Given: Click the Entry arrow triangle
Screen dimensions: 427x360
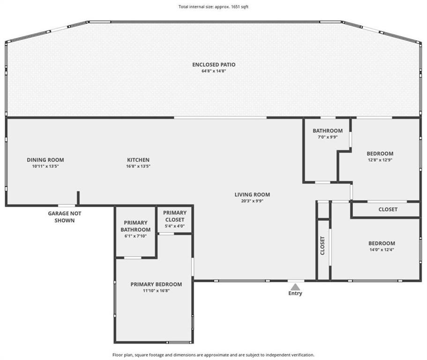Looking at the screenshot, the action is pyautogui.click(x=295, y=287).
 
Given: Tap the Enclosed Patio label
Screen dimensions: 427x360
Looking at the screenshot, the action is pyautogui.click(x=214, y=65).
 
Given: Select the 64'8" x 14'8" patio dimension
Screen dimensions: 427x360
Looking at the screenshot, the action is pyautogui.click(x=214, y=71).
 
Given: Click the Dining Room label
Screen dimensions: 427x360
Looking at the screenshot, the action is pyautogui.click(x=45, y=160).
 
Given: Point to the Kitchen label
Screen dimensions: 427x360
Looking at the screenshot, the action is pyautogui.click(x=138, y=160).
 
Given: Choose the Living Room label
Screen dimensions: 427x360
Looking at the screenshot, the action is pyautogui.click(x=252, y=195).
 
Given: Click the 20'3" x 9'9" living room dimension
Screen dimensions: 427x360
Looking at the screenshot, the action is pyautogui.click(x=252, y=201).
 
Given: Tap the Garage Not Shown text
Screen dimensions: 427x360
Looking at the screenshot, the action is pyautogui.click(x=65, y=217).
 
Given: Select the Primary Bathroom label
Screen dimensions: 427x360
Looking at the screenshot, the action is pyautogui.click(x=135, y=226).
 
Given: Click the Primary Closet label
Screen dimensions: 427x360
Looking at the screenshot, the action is pyautogui.click(x=175, y=216).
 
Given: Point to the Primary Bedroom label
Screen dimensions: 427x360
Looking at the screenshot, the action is pyautogui.click(x=156, y=284).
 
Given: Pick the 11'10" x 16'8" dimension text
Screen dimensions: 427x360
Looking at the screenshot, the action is pyautogui.click(x=156, y=291).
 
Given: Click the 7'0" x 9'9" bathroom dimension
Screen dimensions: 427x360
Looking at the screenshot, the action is pyautogui.click(x=328, y=137).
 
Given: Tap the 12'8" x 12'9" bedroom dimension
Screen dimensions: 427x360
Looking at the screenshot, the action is pyautogui.click(x=380, y=160).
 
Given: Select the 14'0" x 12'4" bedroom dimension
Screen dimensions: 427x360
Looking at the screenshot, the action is pyautogui.click(x=382, y=250).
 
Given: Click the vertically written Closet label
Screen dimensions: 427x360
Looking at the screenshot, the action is pyautogui.click(x=322, y=246).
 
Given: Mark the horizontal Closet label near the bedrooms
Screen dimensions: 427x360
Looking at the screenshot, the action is pyautogui.click(x=388, y=210).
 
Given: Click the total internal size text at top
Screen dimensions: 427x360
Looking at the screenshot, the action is pyautogui.click(x=214, y=7).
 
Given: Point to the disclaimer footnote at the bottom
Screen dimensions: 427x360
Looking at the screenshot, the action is pyautogui.click(x=214, y=355).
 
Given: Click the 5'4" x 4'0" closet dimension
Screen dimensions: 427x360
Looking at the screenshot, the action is pyautogui.click(x=175, y=226).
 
